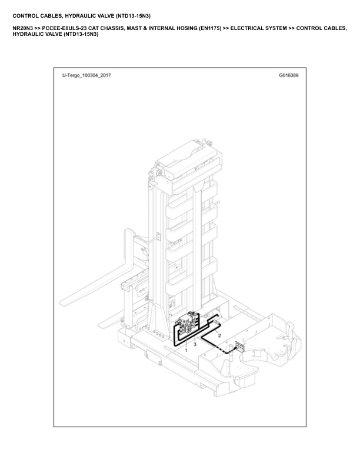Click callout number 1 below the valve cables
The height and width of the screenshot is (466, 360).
click(x=186, y=350)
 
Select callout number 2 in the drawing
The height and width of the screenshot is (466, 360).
click(x=219, y=336)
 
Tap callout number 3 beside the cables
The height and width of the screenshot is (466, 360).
click(x=195, y=344)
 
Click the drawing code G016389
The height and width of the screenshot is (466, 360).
click(x=288, y=75)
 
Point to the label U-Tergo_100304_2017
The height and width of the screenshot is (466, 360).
click(x=86, y=75)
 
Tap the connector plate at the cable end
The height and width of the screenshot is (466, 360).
click(x=239, y=347)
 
